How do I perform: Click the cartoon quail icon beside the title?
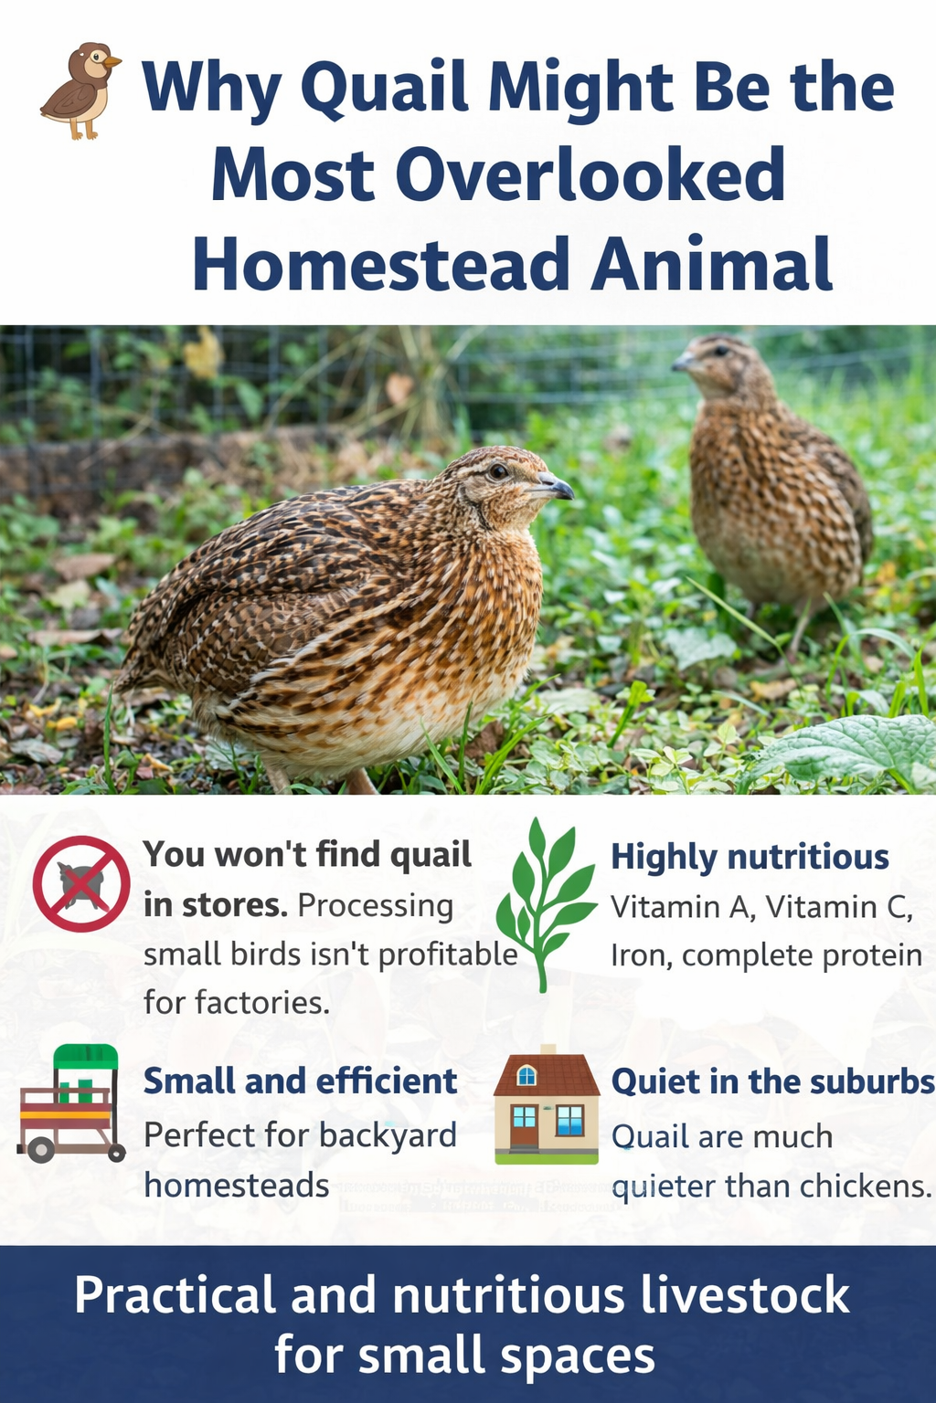click(80, 90)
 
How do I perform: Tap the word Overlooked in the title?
click(590, 174)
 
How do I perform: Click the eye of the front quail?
click(498, 471)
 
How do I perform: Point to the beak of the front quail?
click(558, 487)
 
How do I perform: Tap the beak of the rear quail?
click(682, 363)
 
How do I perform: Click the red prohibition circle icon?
click(81, 883)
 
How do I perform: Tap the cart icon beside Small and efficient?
click(71, 1102)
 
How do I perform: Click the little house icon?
click(547, 1104)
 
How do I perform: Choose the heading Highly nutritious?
click(750, 857)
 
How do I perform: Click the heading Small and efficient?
click(300, 1081)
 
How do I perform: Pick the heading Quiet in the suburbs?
click(772, 1081)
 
